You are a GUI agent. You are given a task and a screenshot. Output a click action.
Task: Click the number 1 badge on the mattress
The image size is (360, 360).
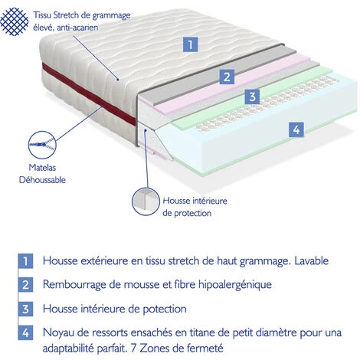coord(190,44)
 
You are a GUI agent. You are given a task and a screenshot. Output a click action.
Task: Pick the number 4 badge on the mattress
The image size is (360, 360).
coord(295,129)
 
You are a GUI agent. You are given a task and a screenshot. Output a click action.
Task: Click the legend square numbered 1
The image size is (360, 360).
coord(25,260)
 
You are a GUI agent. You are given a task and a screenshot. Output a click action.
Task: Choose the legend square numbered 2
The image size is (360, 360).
coord(25,285)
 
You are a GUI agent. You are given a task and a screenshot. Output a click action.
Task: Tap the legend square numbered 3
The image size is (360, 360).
coord(25,309)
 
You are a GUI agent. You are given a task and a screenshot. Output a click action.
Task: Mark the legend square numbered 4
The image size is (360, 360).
coord(25,334)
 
